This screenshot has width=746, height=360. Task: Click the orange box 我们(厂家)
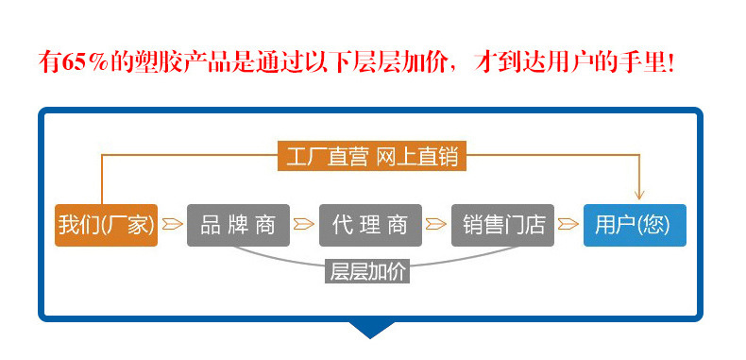click(x=106, y=225)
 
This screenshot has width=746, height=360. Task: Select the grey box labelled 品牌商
click(x=238, y=225)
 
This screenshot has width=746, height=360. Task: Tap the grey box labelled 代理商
click(x=370, y=225)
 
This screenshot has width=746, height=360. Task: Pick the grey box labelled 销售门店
click(x=502, y=225)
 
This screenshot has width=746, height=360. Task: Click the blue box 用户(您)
click(x=635, y=225)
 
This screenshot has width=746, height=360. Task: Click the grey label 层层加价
click(x=368, y=271)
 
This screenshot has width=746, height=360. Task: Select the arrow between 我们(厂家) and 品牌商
click(x=172, y=225)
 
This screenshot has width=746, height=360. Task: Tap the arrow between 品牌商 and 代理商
click(x=304, y=225)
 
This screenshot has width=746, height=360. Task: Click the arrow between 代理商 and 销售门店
click(x=436, y=225)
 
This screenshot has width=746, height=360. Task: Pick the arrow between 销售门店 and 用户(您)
click(x=568, y=225)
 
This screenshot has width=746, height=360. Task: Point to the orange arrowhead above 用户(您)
click(x=639, y=193)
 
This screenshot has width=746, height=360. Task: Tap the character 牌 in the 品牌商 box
click(x=238, y=225)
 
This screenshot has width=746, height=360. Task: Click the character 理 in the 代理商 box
click(x=370, y=225)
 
